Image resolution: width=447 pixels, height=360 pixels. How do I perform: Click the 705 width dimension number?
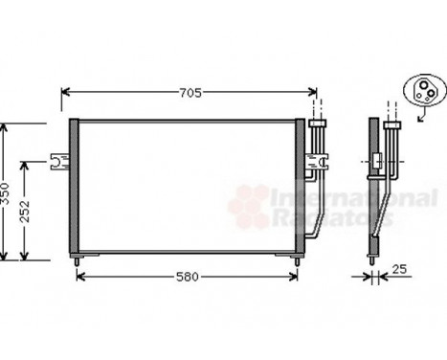tap(190, 93)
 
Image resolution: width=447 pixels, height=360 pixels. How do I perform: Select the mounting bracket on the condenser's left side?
tap(58, 160)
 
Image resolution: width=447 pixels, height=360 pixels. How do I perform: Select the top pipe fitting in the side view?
tap(392, 124)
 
